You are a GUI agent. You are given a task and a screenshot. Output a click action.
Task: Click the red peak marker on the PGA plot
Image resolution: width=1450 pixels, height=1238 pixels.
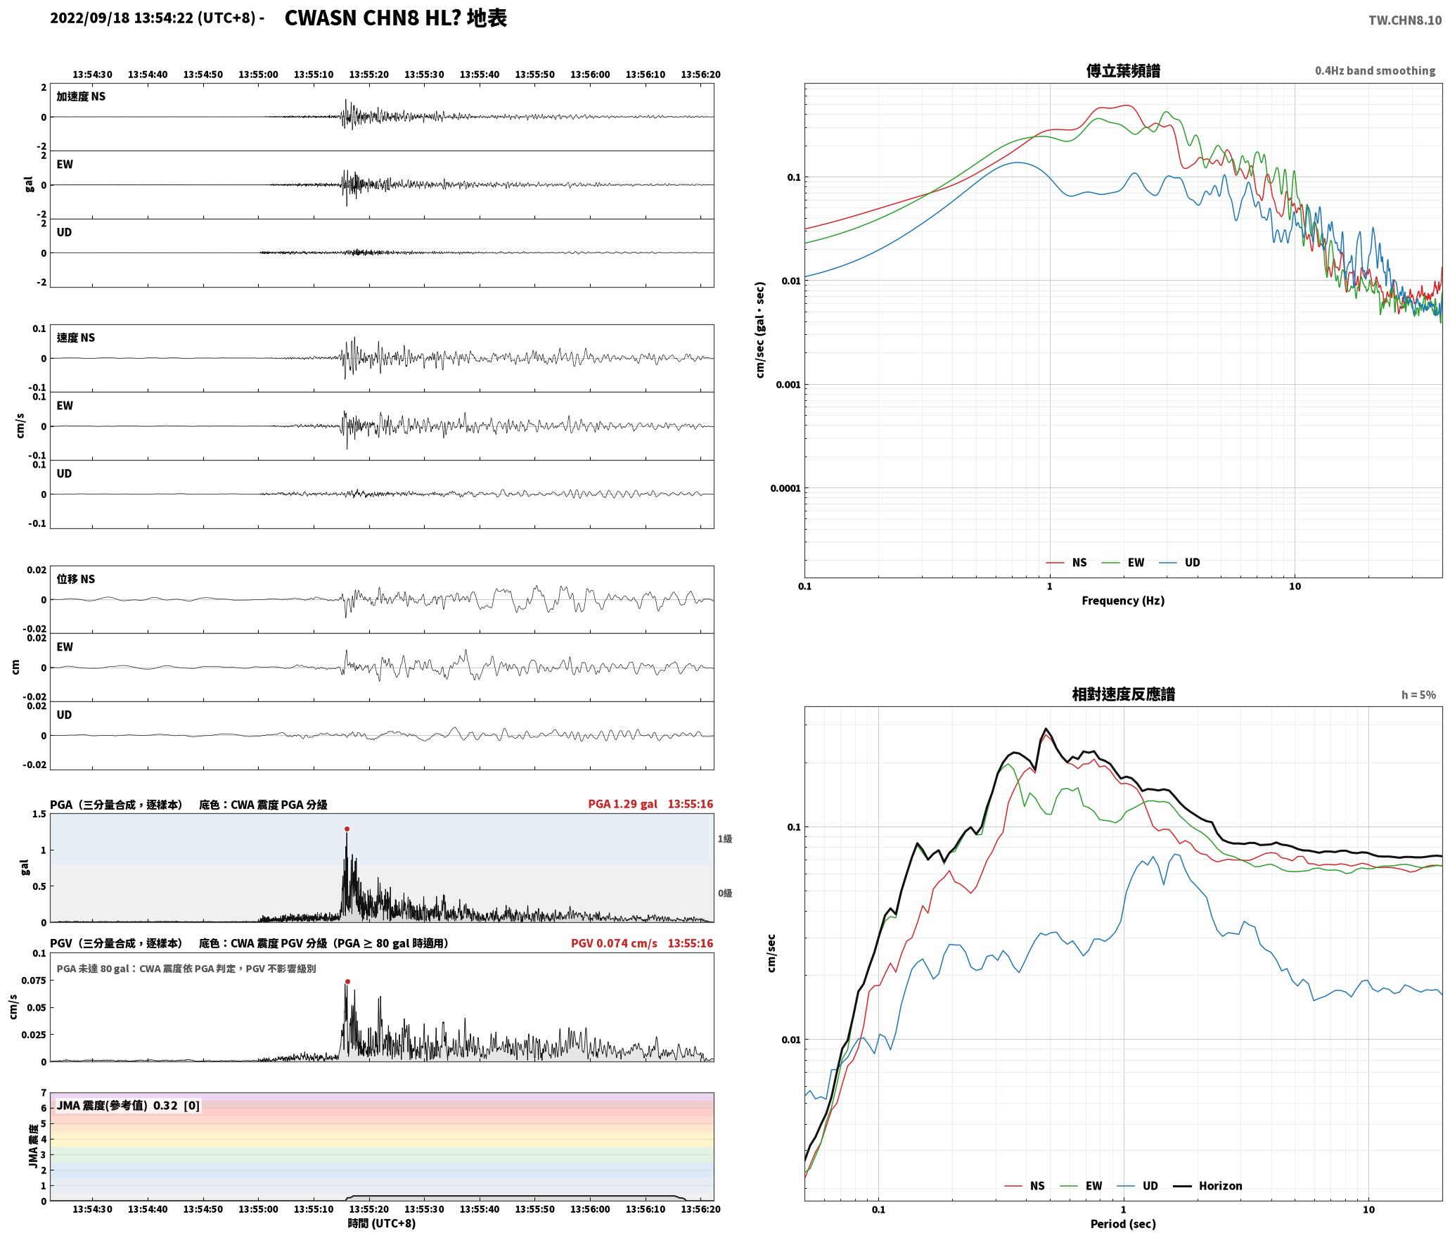tap(347, 829)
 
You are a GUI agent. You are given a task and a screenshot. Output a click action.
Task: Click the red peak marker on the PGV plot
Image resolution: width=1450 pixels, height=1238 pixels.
tap(347, 981)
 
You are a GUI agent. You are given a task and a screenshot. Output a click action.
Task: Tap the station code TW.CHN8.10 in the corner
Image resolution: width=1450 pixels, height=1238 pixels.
tap(1404, 20)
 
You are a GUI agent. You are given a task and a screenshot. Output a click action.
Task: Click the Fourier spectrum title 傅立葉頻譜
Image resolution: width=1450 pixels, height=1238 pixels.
tap(1123, 70)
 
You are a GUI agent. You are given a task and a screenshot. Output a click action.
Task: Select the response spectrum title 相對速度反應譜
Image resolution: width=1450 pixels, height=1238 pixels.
tap(1123, 694)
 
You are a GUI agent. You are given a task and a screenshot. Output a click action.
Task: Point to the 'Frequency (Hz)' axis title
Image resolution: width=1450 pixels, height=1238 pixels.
tap(1123, 600)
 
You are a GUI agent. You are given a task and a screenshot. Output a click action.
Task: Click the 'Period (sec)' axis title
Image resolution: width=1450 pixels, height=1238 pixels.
tap(1123, 1224)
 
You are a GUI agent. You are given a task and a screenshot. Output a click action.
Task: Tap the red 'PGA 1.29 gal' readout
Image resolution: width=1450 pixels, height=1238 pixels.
tap(622, 804)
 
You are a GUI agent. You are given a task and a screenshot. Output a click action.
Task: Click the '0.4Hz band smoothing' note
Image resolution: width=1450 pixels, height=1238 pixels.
tap(1375, 70)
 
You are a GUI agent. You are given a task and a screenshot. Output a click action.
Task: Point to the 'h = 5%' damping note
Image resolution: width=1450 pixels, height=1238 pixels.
tap(1418, 695)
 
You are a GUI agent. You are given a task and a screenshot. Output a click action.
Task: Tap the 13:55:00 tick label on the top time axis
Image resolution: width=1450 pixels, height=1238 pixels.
tap(258, 74)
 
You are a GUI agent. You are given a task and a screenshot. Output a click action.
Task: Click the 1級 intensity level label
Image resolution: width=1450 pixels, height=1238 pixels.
tap(724, 838)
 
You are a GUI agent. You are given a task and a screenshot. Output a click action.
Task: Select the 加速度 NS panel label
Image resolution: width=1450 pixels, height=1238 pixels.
tap(81, 96)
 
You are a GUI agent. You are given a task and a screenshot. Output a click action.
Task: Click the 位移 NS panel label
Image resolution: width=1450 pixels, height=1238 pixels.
tap(75, 579)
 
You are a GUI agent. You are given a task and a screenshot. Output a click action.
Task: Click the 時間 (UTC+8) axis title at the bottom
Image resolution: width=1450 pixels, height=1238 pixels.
tap(381, 1223)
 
